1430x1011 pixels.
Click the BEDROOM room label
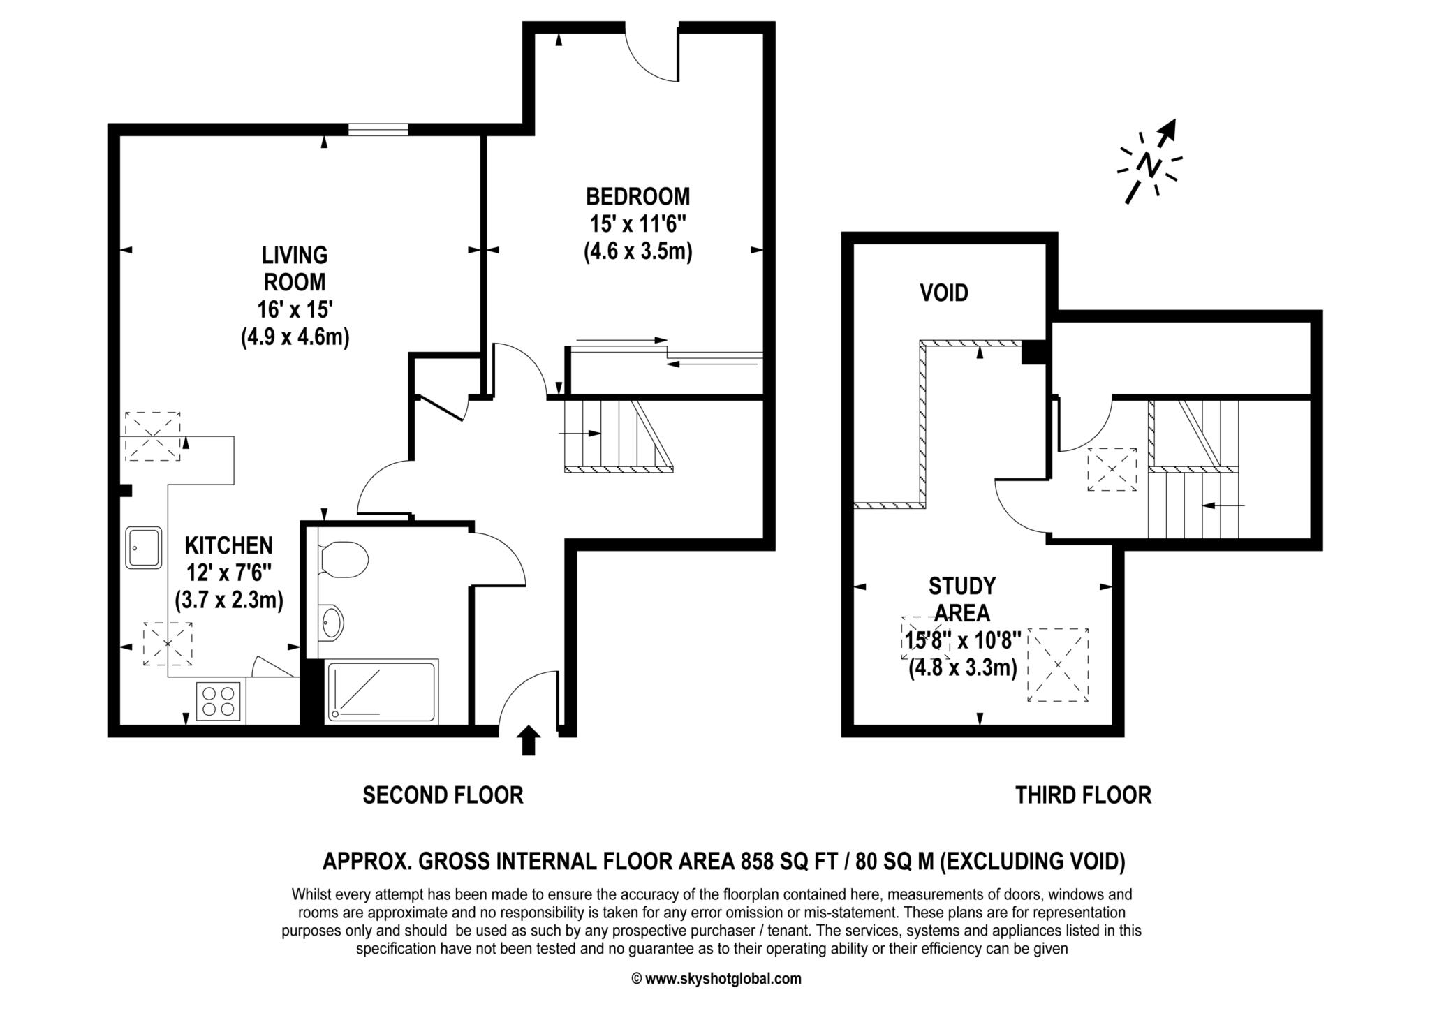[637, 196]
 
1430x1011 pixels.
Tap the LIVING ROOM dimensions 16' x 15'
[294, 309]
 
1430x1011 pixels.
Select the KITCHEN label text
[228, 545]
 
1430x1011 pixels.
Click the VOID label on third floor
[943, 293]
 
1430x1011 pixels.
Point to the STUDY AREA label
[961, 598]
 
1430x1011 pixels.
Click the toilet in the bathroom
[344, 559]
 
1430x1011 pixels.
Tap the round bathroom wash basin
[332, 621]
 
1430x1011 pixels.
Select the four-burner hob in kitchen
[219, 701]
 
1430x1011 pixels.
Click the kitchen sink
[143, 547]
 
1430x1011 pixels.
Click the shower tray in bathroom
[382, 691]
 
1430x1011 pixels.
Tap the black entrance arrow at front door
[529, 741]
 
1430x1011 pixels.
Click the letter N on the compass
[1149, 165]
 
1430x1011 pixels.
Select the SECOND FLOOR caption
[443, 795]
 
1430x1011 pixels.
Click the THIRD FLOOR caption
[1083, 795]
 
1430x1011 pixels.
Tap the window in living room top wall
[378, 129]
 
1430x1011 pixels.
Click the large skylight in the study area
[1058, 665]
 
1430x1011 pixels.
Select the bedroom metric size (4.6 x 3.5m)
[637, 251]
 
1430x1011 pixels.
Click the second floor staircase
[617, 435]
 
